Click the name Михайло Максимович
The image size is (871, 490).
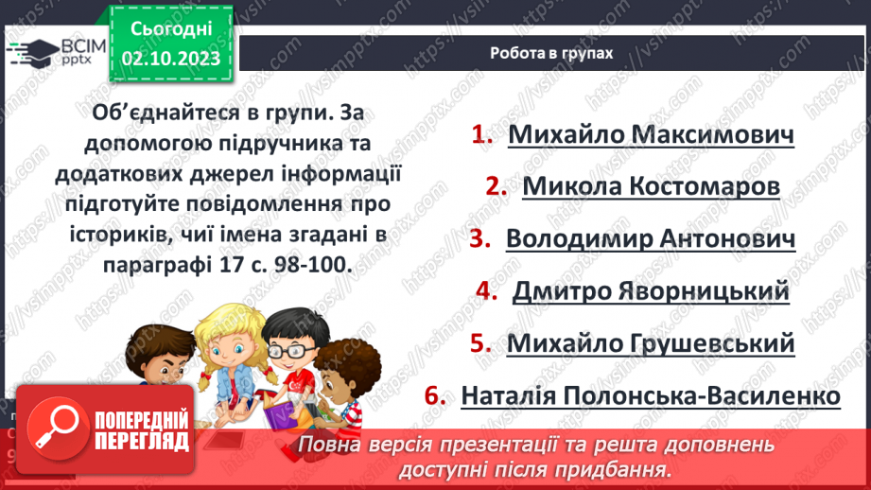coord(651,134)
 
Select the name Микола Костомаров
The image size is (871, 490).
coord(651,186)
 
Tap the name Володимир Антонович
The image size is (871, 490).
coord(651,238)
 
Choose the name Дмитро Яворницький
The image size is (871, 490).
coord(651,290)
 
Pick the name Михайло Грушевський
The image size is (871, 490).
coord(651,343)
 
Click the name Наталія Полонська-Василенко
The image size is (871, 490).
coord(651,394)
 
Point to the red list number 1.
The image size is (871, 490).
coord(483,134)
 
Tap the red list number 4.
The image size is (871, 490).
coord(487,290)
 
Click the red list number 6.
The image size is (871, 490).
coord(435,394)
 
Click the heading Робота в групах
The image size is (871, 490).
coord(551,53)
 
